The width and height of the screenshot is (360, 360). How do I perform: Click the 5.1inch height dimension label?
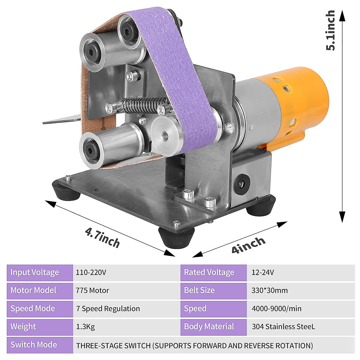point(330,31)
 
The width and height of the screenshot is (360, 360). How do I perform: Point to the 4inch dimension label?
point(248,245)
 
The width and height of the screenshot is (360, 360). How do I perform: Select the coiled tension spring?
point(143,105)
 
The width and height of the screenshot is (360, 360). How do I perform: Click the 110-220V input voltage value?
point(91,273)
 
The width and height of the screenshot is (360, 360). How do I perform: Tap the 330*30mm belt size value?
point(269,290)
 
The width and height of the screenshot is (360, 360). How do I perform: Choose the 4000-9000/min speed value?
point(277,309)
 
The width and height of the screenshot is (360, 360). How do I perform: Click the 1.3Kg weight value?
point(85,327)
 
